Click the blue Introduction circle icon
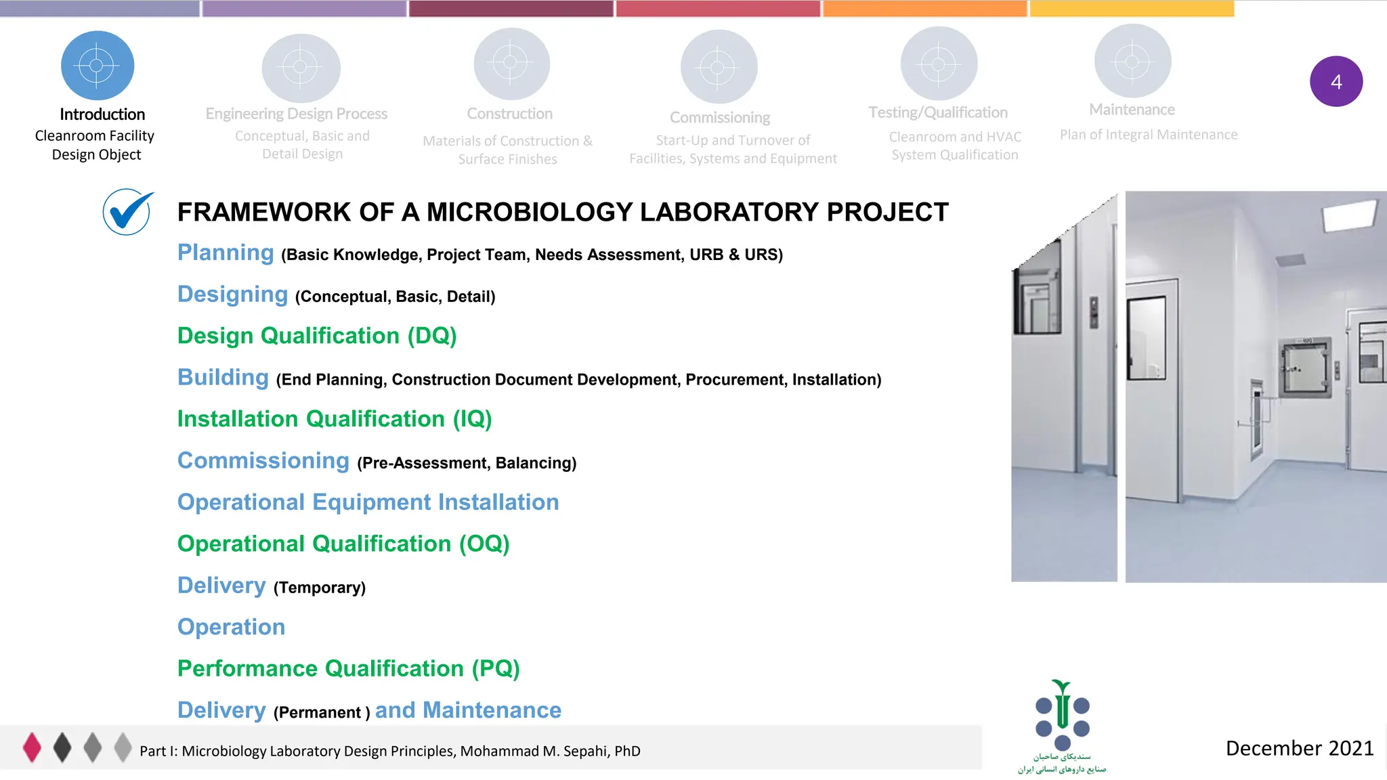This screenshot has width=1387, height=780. pyautogui.click(x=98, y=66)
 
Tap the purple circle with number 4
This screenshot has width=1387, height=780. pyautogui.click(x=1336, y=81)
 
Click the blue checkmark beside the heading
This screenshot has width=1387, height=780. pyautogui.click(x=127, y=212)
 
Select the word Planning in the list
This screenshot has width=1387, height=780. pyautogui.click(x=226, y=253)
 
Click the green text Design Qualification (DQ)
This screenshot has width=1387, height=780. pyautogui.click(x=317, y=336)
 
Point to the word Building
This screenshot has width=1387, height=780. pyautogui.click(x=223, y=378)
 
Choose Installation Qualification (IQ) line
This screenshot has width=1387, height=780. pyautogui.click(x=335, y=419)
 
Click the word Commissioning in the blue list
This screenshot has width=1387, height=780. pyautogui.click(x=263, y=461)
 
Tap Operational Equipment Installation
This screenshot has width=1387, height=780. pyautogui.click(x=368, y=502)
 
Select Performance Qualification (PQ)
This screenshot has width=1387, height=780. pyautogui.click(x=348, y=669)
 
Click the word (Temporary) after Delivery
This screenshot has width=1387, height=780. pyautogui.click(x=320, y=588)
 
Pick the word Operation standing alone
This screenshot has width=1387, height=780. pyautogui.click(x=231, y=627)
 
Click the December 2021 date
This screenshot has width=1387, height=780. pyautogui.click(x=1299, y=748)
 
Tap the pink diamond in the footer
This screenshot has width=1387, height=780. pyautogui.click(x=32, y=747)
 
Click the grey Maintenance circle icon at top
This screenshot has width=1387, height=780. pyautogui.click(x=1132, y=62)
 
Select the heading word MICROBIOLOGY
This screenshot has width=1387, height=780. pyautogui.click(x=529, y=213)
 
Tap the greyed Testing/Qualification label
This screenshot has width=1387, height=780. pyautogui.click(x=938, y=112)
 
